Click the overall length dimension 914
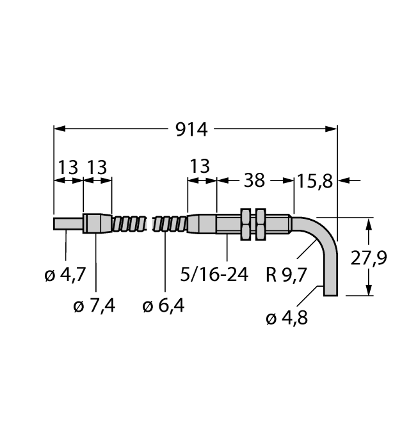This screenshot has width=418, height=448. (191, 130)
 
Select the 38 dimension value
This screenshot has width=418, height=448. (254, 180)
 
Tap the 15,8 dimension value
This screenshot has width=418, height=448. (315, 181)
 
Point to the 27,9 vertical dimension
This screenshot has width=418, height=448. (369, 258)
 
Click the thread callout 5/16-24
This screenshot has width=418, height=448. (214, 275)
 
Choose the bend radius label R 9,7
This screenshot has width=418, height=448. (286, 275)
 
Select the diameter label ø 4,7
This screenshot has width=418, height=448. (65, 275)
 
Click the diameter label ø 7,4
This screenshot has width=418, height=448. (94, 306)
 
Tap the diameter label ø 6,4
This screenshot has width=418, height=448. (163, 306)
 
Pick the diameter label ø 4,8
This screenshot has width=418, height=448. (287, 318)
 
